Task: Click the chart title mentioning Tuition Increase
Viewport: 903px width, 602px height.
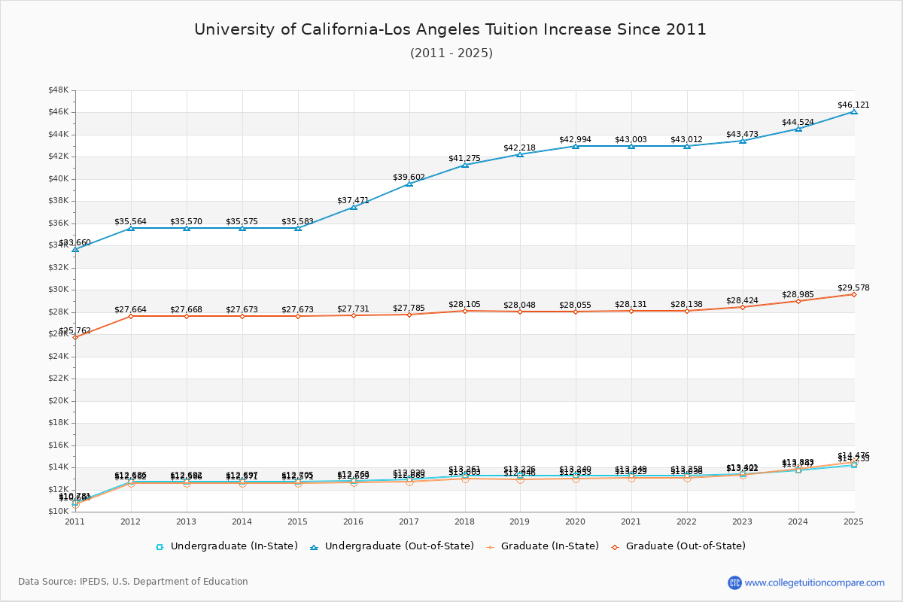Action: pyautogui.click(x=450, y=30)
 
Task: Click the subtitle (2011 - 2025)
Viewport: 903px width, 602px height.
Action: pyautogui.click(x=451, y=53)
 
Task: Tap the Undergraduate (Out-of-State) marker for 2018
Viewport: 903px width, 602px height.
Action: pyautogui.click(x=465, y=165)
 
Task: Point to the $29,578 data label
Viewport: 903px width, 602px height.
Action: pyautogui.click(x=853, y=288)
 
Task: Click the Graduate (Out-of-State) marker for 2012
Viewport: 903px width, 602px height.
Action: pyautogui.click(x=131, y=316)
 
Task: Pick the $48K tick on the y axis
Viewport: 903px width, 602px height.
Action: pyautogui.click(x=58, y=90)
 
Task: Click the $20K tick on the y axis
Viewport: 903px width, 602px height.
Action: pyautogui.click(x=58, y=401)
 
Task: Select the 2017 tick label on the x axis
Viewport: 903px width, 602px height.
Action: pyautogui.click(x=409, y=521)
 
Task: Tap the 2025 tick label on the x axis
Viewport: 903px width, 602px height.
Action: pyautogui.click(x=853, y=521)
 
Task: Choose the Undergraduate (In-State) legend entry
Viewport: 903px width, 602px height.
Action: pyautogui.click(x=227, y=546)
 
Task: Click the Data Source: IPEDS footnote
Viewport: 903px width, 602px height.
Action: pyautogui.click(x=133, y=582)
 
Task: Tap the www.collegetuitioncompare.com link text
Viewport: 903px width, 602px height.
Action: pyautogui.click(x=815, y=582)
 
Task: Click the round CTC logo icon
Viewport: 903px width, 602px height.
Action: pyautogui.click(x=734, y=582)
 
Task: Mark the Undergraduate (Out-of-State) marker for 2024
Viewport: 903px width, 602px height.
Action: pyautogui.click(x=798, y=129)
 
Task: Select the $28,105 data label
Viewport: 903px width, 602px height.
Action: pyautogui.click(x=465, y=305)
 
